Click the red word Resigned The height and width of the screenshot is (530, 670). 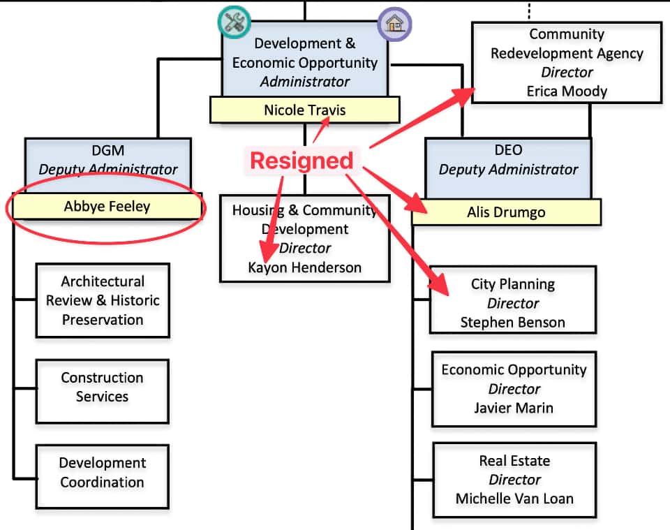pyautogui.click(x=301, y=161)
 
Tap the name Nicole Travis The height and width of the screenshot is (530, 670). pyautogui.click(x=304, y=110)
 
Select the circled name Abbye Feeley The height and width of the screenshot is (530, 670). pyautogui.click(x=107, y=206)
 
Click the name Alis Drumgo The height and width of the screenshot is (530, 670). pyautogui.click(x=506, y=212)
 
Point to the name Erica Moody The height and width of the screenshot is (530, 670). pyautogui.click(x=567, y=91)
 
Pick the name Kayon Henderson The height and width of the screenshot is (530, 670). pyautogui.click(x=305, y=267)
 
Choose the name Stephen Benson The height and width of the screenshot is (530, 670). pyautogui.click(x=513, y=323)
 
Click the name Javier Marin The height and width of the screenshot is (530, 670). pyautogui.click(x=514, y=408)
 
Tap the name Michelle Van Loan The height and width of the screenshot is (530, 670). pyautogui.click(x=514, y=499)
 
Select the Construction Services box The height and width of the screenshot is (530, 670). pyautogui.click(x=102, y=388)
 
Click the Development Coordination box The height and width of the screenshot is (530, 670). pyautogui.click(x=102, y=473)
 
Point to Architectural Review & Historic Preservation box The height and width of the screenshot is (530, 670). pyautogui.click(x=103, y=301)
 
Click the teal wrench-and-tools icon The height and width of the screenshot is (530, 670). pyautogui.click(x=234, y=22)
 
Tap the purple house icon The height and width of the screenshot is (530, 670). pyautogui.click(x=394, y=24)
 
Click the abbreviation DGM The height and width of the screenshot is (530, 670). pyautogui.click(x=107, y=150)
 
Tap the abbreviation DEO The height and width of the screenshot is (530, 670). pyautogui.click(x=508, y=150)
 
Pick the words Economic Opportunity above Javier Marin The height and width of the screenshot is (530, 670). pyautogui.click(x=514, y=370)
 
